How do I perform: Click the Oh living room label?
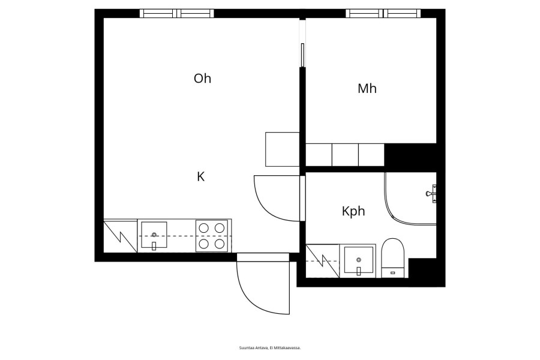(x=202, y=79)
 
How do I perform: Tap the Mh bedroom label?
(x=367, y=89)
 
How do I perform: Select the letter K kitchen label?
(x=201, y=177)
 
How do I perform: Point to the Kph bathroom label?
(x=353, y=211)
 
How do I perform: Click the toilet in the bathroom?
(x=393, y=257)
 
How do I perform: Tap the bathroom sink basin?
(x=359, y=261)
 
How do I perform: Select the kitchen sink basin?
(x=154, y=235)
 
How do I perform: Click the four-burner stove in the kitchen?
(x=212, y=236)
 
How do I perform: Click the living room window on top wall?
(x=176, y=13)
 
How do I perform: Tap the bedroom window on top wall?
(x=383, y=13)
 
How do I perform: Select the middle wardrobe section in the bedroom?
(x=346, y=155)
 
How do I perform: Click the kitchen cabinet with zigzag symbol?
(x=121, y=236)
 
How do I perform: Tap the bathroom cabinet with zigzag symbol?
(x=323, y=261)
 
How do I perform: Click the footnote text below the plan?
(x=270, y=348)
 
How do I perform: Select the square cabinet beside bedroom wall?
(x=283, y=149)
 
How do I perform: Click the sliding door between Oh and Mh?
(x=302, y=55)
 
